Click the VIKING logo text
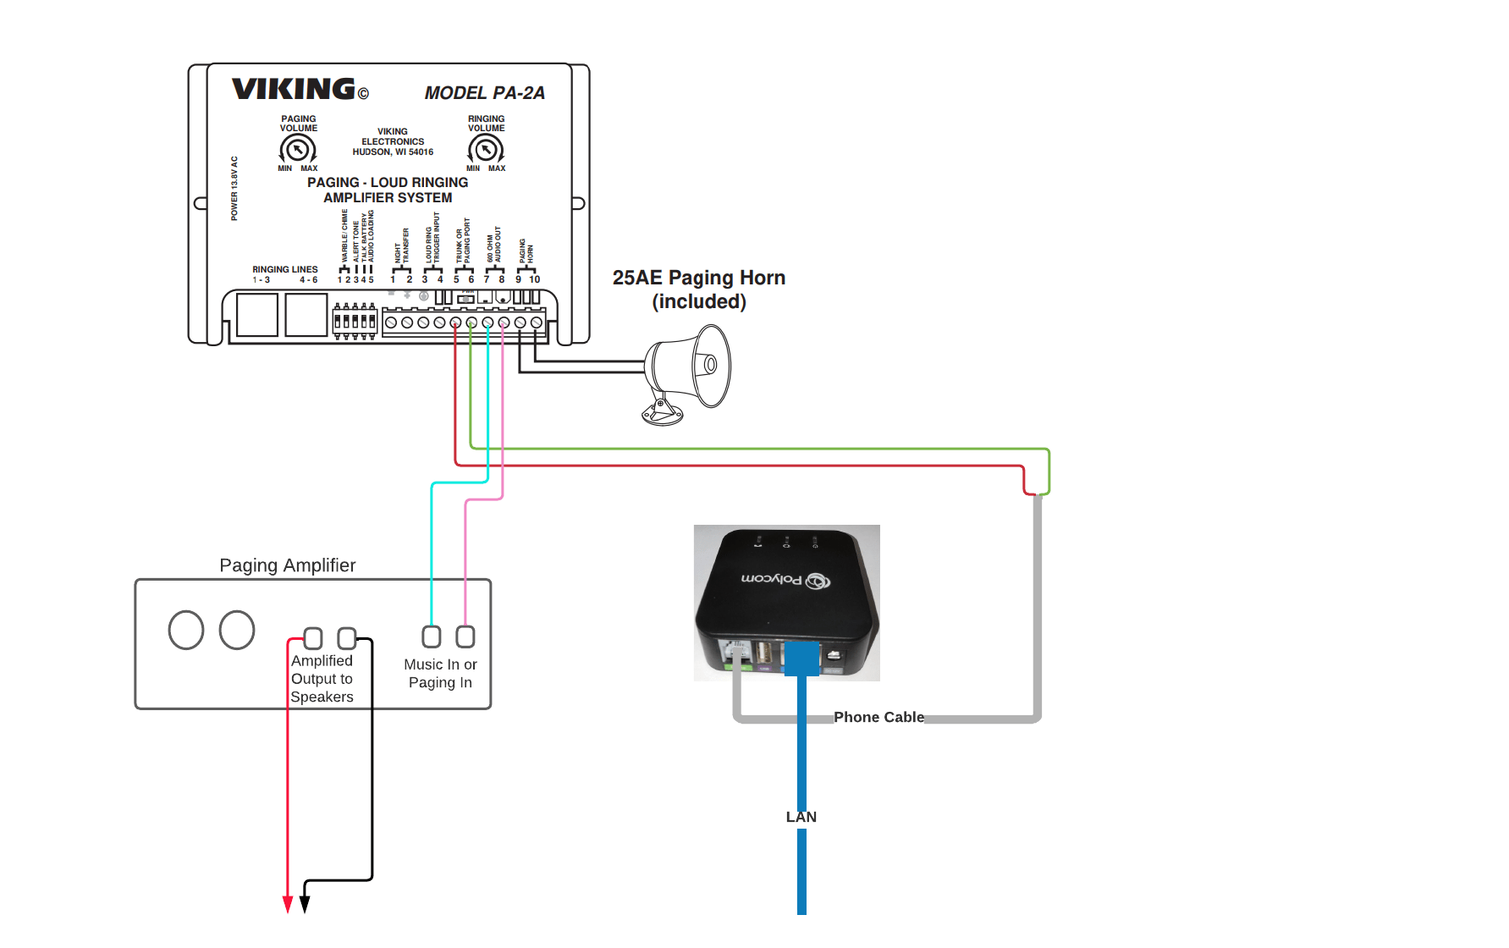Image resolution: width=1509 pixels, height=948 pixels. [x=293, y=89]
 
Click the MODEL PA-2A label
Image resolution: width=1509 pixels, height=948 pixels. [x=484, y=93]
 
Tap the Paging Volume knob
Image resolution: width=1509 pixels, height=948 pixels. [x=297, y=150]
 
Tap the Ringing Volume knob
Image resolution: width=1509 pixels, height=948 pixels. [x=486, y=150]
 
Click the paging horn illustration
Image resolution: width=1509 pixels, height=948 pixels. [x=687, y=372]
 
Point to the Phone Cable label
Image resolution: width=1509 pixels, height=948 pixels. [x=878, y=717]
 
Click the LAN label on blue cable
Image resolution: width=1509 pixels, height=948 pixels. [x=801, y=817]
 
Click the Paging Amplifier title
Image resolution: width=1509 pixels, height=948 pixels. [x=287, y=565]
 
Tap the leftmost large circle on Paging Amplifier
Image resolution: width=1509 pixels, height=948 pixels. [x=186, y=630]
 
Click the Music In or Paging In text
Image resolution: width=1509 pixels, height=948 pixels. [x=440, y=674]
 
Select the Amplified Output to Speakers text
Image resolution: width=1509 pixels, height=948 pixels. [x=322, y=679]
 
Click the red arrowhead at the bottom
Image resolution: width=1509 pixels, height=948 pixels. [x=288, y=904]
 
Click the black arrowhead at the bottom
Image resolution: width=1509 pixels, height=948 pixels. [x=305, y=904]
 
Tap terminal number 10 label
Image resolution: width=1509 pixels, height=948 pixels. [x=535, y=279]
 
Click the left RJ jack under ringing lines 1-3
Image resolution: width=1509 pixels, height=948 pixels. [x=257, y=315]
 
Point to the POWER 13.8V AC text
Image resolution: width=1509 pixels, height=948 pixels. [x=234, y=188]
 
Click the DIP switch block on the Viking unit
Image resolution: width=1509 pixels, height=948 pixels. [x=355, y=321]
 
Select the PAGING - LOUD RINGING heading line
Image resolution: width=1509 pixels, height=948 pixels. [x=388, y=182]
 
